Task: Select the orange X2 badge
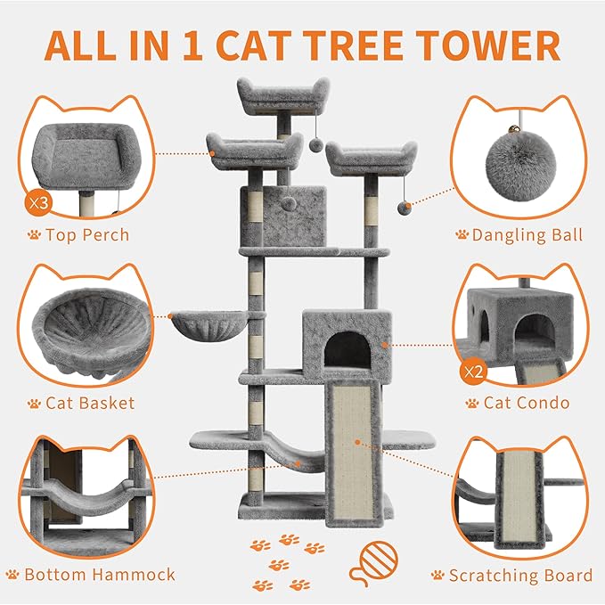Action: click(x=474, y=370)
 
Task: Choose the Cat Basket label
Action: click(x=90, y=403)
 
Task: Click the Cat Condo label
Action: click(x=526, y=403)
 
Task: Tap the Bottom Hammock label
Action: click(x=100, y=574)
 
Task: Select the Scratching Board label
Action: click(x=520, y=576)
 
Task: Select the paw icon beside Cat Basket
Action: click(x=34, y=404)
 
